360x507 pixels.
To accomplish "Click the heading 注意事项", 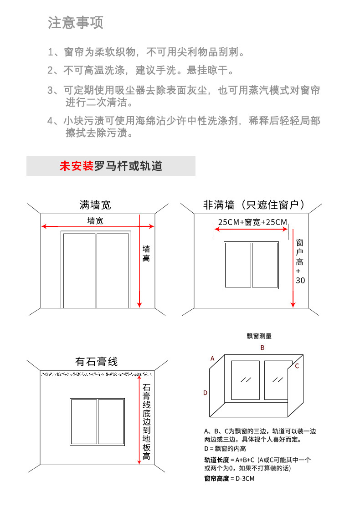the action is [x=76, y=22].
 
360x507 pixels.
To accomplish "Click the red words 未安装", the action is [x=76, y=166].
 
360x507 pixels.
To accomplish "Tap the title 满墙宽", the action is [x=95, y=205].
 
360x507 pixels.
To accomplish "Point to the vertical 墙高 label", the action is [x=146, y=254].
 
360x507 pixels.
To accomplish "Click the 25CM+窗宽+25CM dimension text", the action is [x=252, y=222].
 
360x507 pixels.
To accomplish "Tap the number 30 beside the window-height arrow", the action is [x=300, y=281].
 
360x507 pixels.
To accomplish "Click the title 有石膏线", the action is [x=96, y=362].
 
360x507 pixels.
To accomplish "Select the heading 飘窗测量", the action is [x=259, y=336].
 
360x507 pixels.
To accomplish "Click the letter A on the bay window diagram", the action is [x=212, y=358].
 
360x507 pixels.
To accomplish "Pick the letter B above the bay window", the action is [x=262, y=348].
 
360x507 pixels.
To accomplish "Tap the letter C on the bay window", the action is [x=297, y=366].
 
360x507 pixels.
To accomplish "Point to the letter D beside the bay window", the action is [x=206, y=393].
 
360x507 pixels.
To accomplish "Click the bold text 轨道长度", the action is [x=216, y=460].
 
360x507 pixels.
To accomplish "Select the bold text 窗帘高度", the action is [x=216, y=479].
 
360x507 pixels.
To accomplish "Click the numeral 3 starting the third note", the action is [x=51, y=90].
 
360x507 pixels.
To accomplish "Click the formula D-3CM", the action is [x=244, y=479].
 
